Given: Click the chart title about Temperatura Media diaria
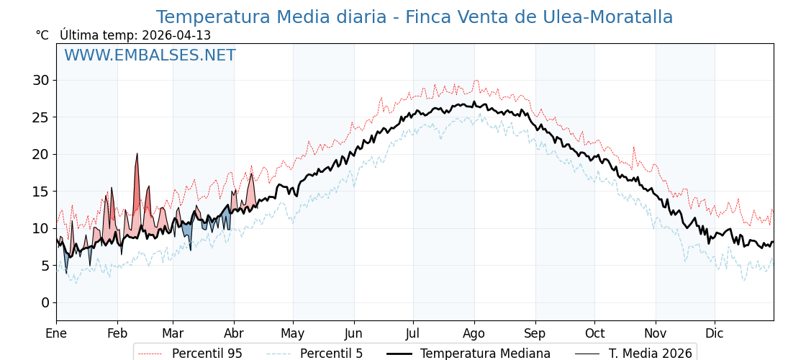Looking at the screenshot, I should click(414, 17).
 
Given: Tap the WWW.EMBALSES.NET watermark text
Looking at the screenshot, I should click(150, 55).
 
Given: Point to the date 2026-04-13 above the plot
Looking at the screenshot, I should click(176, 35).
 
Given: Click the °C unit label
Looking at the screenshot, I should click(42, 35).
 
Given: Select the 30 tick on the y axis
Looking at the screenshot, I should click(40, 80).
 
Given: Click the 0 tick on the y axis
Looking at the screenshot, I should click(45, 302).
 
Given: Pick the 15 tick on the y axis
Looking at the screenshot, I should click(40, 192).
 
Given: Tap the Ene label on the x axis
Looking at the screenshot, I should click(56, 334).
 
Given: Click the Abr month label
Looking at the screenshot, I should click(233, 334).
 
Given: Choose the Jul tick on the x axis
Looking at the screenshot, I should click(413, 334).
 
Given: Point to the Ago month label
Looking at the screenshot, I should click(474, 334).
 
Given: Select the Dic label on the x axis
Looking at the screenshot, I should click(715, 334).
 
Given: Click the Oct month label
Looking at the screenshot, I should click(594, 334).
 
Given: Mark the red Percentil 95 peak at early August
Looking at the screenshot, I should click(476, 81).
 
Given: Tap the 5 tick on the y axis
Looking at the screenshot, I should click(45, 266).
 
